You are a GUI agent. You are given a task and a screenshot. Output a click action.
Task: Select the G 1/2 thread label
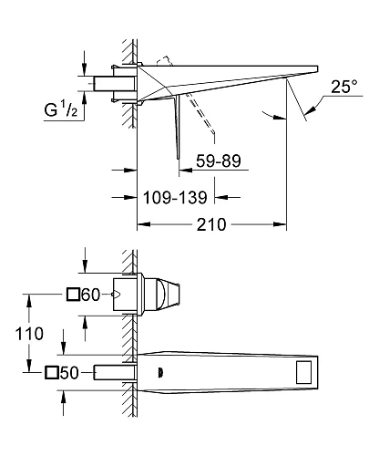pyautogui.click(x=61, y=109)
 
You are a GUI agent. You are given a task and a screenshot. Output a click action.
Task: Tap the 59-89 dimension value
pyautogui.click(x=219, y=161)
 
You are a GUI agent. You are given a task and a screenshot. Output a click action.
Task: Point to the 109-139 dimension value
pyautogui.click(x=175, y=198)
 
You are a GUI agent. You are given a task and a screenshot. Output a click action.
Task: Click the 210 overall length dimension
pyautogui.click(x=211, y=224)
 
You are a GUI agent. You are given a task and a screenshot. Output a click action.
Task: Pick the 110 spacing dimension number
pyautogui.click(x=29, y=334)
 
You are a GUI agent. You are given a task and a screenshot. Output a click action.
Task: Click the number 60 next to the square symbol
pyautogui.click(x=90, y=295)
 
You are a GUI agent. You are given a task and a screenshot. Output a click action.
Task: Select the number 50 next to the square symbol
pyautogui.click(x=69, y=373)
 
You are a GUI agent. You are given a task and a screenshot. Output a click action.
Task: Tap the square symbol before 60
pyautogui.click(x=73, y=295)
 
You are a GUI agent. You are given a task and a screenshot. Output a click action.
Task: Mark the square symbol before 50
pyautogui.click(x=51, y=373)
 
